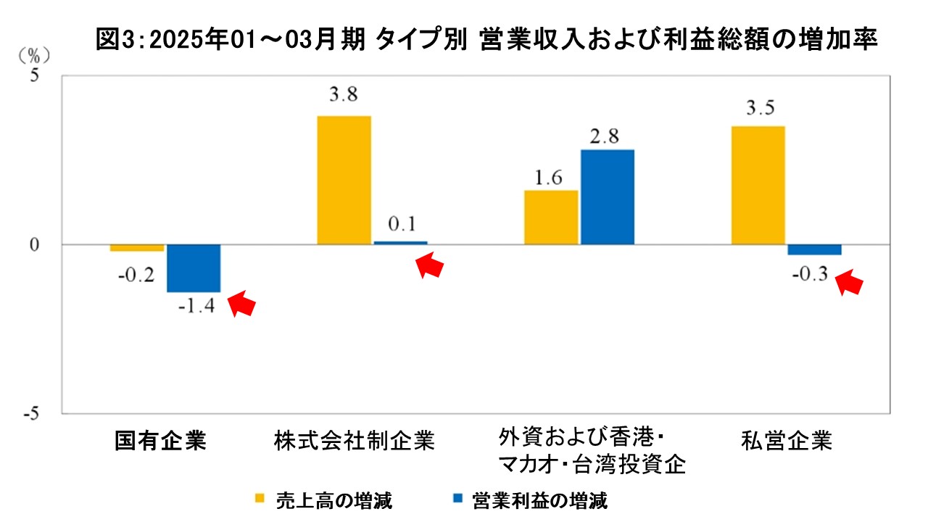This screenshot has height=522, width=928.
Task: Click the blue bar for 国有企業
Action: (x=194, y=268)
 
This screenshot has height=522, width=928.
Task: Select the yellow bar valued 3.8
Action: (x=344, y=180)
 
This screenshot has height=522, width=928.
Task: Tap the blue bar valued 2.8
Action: (x=607, y=197)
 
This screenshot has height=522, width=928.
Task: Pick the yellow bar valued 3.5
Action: (x=758, y=185)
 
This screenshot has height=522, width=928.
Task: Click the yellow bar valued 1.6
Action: (x=551, y=217)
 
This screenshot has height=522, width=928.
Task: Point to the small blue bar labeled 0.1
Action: (x=400, y=242)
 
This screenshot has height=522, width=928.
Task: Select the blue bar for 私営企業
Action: (x=814, y=249)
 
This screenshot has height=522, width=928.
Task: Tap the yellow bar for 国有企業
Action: (x=137, y=248)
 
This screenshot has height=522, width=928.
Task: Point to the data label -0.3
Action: (x=811, y=275)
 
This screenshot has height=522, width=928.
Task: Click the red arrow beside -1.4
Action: (x=242, y=304)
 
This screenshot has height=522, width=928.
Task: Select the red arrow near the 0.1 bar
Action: (x=430, y=265)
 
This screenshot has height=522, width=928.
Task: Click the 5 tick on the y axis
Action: (x=33, y=75)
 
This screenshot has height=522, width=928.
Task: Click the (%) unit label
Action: (x=32, y=54)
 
